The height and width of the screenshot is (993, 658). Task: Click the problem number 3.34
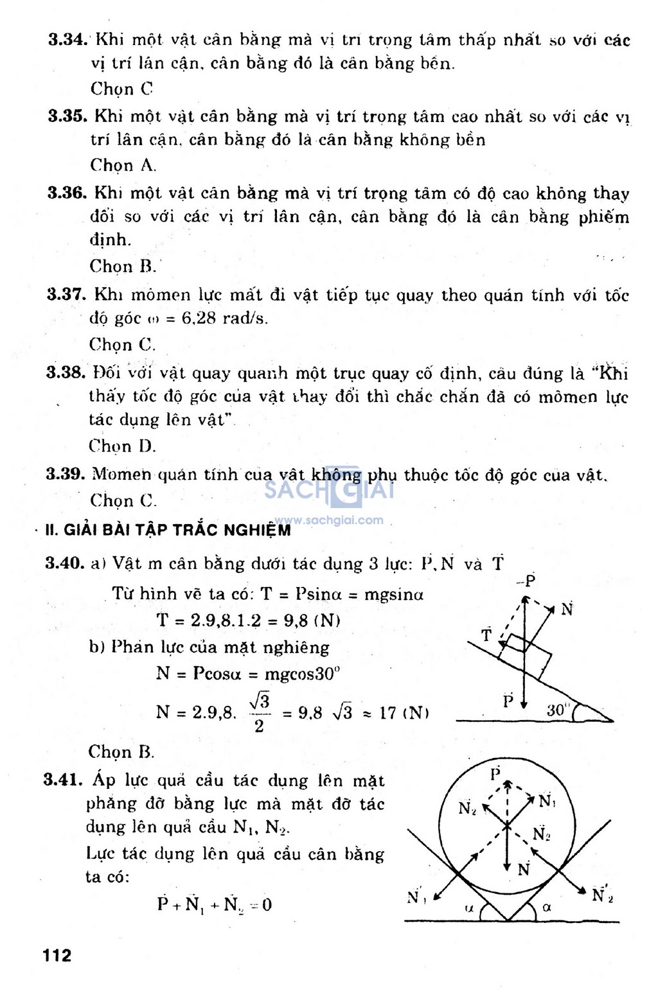(x=67, y=40)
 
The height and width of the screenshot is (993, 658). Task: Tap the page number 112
(x=57, y=956)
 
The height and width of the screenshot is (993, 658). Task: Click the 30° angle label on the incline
(x=558, y=710)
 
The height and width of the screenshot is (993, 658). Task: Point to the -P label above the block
(x=526, y=581)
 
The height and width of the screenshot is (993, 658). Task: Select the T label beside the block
(x=486, y=635)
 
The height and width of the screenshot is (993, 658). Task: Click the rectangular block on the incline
(x=525, y=655)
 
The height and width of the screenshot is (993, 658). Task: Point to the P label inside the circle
(x=495, y=773)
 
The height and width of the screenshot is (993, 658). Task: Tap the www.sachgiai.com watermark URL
(x=329, y=520)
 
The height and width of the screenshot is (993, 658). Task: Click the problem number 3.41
(x=64, y=780)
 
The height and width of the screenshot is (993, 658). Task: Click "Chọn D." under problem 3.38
(x=122, y=446)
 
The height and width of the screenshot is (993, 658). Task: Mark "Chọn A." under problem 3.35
(x=123, y=165)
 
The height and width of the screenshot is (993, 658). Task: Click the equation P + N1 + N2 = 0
(x=214, y=904)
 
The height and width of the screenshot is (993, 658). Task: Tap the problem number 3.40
(x=65, y=563)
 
